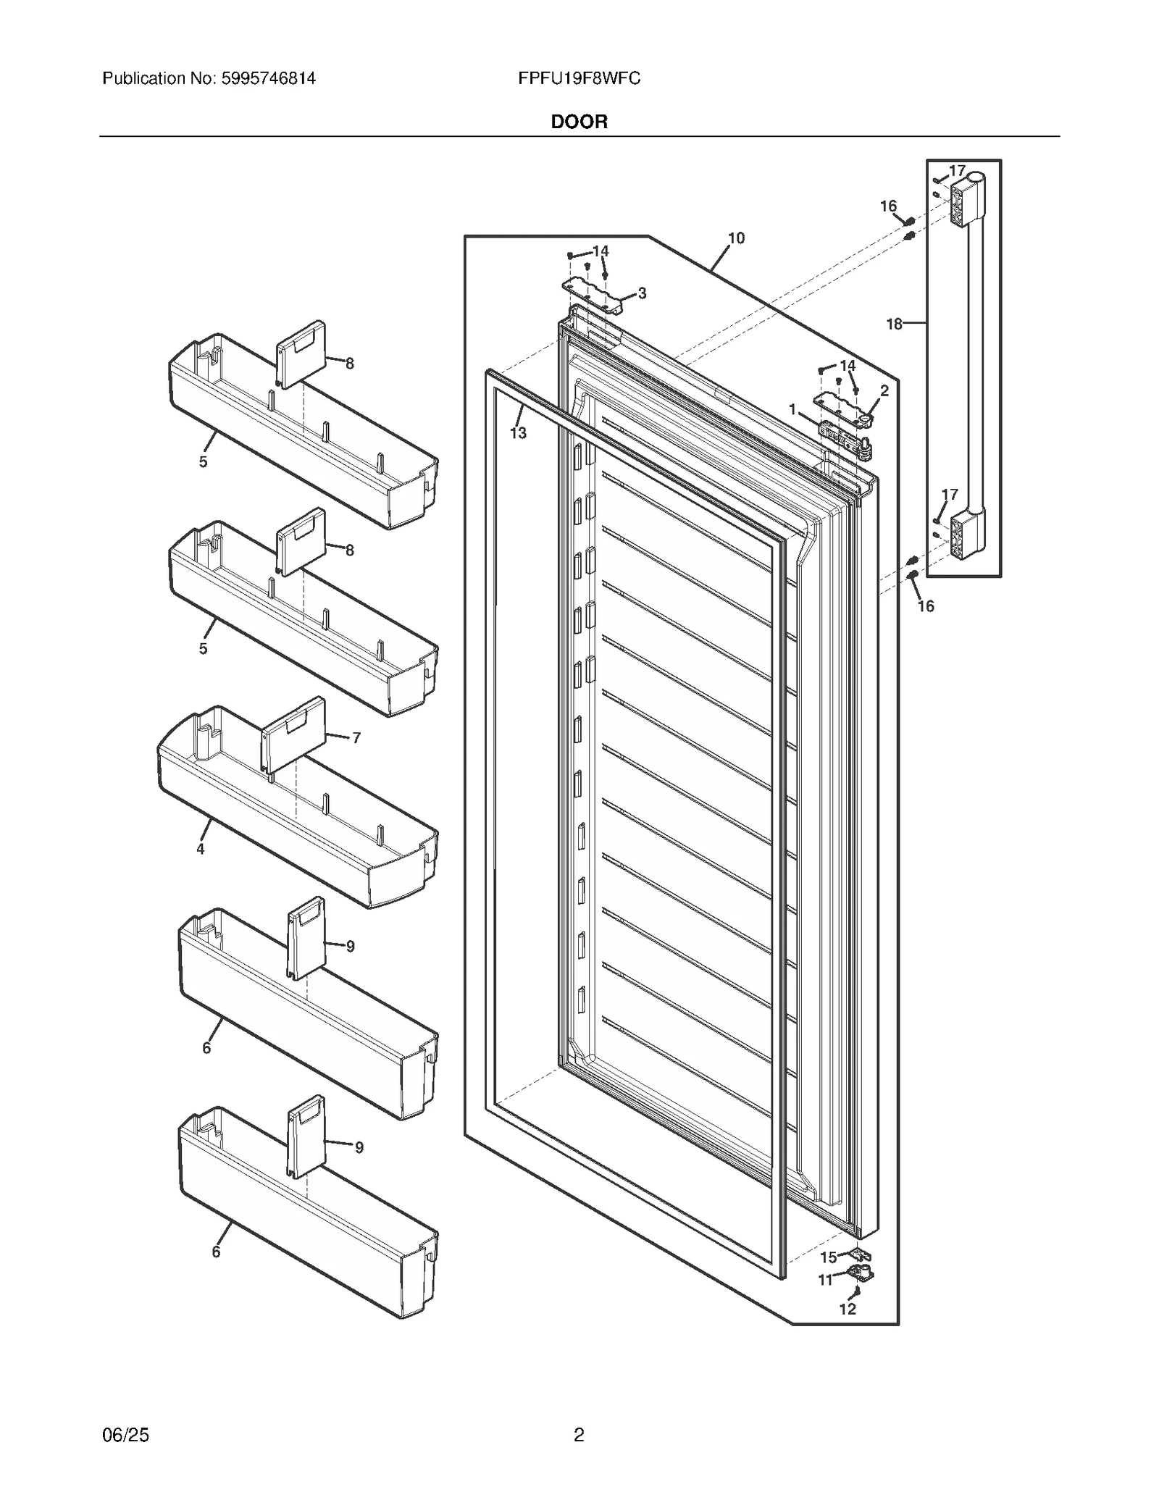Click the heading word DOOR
coord(579,122)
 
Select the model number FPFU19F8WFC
coord(579,78)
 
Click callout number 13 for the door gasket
coord(518,433)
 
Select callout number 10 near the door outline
coord(736,238)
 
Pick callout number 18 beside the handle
coord(895,324)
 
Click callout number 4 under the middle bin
coord(201,848)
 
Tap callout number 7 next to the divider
coord(356,738)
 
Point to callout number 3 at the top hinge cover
coord(642,293)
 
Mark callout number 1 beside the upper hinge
coord(792,410)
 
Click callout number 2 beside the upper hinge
coord(884,390)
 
